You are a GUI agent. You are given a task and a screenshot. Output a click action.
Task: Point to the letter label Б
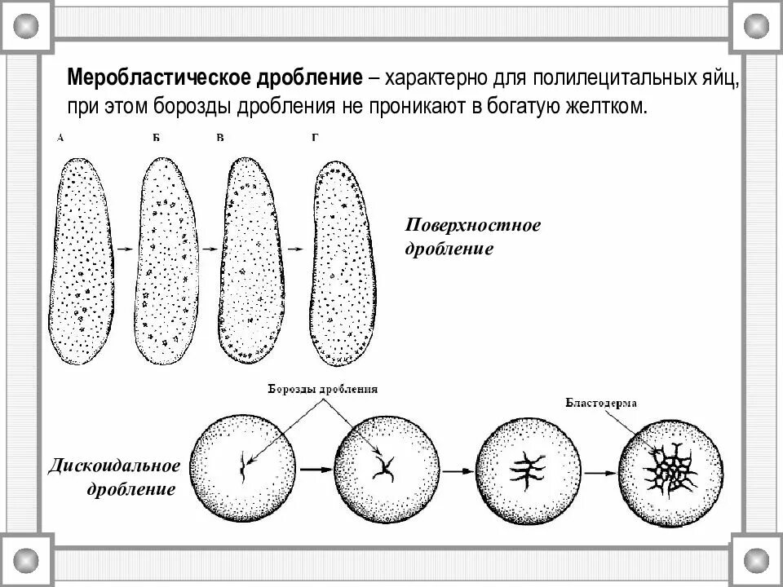156,139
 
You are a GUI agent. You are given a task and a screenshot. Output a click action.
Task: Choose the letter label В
219,139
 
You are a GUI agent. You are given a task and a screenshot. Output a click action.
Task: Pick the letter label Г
315,139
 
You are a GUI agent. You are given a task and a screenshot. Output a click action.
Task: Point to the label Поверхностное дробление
473,236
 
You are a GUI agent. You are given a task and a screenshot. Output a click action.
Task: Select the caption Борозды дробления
323,390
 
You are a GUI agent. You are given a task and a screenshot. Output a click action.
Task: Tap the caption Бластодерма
600,403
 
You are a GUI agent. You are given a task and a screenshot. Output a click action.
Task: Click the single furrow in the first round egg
242,466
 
